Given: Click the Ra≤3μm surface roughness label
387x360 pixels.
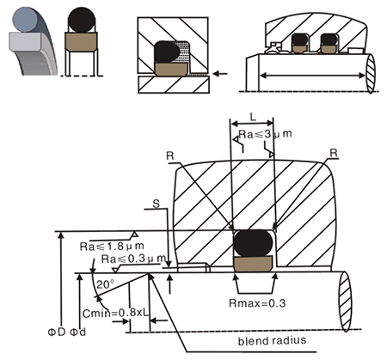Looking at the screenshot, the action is [x=265, y=134].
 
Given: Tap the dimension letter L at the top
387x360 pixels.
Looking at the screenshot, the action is [x=253, y=117].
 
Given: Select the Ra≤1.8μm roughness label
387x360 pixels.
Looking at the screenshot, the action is [x=112, y=246].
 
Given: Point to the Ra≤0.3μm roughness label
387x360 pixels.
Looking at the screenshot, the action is [x=133, y=259].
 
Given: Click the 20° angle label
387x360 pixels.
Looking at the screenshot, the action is [x=105, y=284].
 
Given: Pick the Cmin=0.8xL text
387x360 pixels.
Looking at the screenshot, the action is [x=116, y=313].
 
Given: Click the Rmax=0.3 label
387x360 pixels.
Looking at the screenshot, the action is [x=257, y=303].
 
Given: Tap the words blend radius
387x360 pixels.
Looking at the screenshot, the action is [x=272, y=340].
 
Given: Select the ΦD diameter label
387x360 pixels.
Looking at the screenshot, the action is [x=57, y=332].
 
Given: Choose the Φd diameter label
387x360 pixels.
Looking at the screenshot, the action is [x=78, y=332].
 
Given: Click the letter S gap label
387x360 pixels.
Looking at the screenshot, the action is [x=156, y=204].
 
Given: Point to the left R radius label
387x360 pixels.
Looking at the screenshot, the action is [x=170, y=156].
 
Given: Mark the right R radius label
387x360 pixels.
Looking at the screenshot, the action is [x=334, y=153].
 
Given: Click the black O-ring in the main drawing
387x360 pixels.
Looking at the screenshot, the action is [x=253, y=242].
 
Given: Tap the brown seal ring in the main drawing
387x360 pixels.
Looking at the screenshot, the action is [x=253, y=264].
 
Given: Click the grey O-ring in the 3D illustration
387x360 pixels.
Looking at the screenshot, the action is [x=25, y=20].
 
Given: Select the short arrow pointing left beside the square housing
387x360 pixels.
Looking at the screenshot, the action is [x=220, y=74].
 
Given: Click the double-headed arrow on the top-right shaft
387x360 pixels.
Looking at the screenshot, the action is [x=312, y=76].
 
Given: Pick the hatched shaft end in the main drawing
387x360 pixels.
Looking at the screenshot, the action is [x=345, y=301].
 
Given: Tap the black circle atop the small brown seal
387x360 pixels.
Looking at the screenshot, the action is [x=82, y=20].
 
